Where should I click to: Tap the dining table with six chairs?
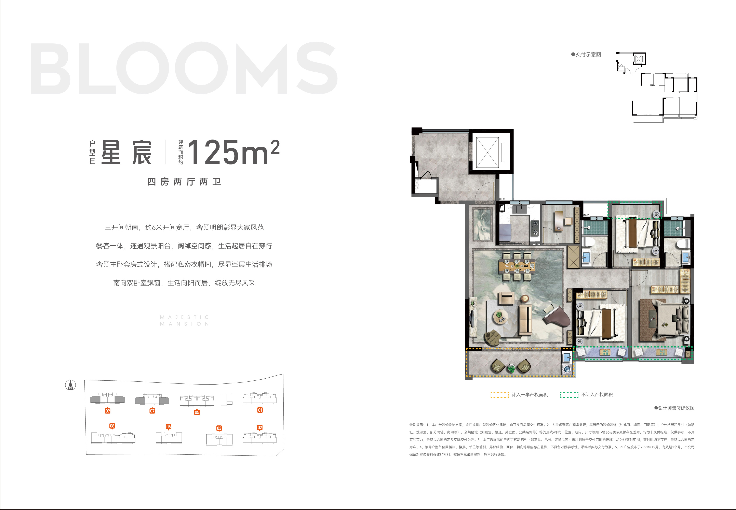coord(517,266)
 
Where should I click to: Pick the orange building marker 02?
coord(260,427)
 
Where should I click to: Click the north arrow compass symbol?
coord(70,385)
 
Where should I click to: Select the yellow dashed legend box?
coord(500,395)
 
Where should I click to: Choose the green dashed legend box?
coord(569,395)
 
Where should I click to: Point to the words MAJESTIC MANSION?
coord(185,321)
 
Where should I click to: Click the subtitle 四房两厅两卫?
coord(185,182)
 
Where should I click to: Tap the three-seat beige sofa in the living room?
coord(525,320)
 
